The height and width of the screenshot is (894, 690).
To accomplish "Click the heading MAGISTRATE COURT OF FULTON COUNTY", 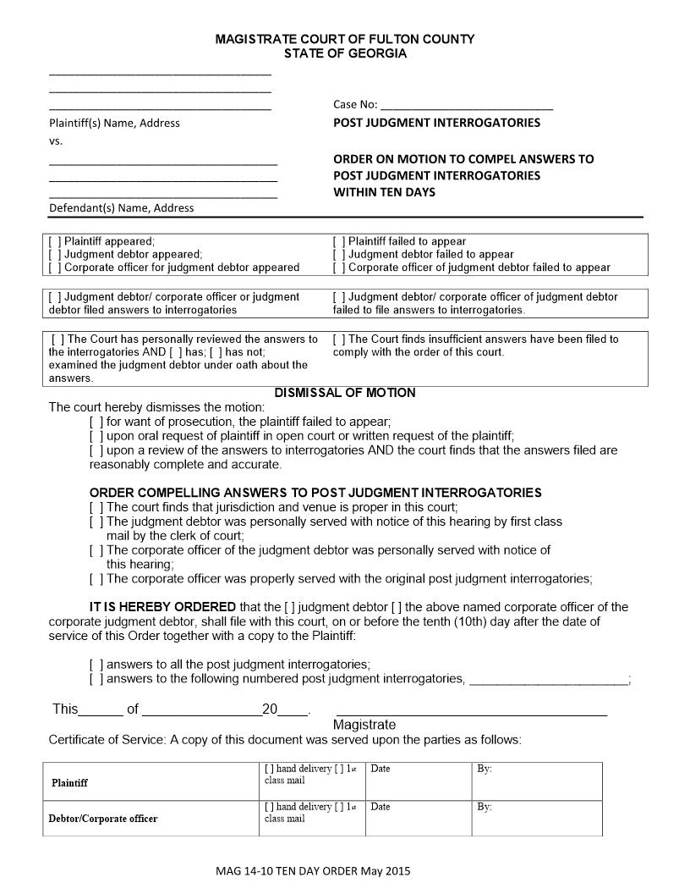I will tap(345, 39).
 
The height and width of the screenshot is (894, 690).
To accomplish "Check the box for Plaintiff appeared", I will tap(55, 241).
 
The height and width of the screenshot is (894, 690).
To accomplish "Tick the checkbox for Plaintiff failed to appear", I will tap(338, 241).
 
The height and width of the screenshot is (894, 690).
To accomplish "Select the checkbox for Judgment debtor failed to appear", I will tap(338, 254).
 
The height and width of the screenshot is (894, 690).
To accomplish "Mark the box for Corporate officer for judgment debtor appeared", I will tap(55, 268).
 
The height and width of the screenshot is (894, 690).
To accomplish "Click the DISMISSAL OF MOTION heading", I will tap(345, 393).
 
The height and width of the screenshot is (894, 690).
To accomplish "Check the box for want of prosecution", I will tap(96, 422).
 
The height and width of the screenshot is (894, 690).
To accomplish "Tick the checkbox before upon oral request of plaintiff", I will tap(96, 436).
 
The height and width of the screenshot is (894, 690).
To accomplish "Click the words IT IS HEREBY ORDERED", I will tap(163, 607).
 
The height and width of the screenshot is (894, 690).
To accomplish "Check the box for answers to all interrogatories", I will tap(96, 665).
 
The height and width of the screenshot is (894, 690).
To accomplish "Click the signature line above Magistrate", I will tap(471, 713).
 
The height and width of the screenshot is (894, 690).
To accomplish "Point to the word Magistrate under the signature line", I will tap(364, 726).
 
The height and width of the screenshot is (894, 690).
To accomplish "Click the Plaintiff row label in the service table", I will tap(69, 783).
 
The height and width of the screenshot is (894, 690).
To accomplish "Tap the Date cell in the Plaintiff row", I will tap(418, 781).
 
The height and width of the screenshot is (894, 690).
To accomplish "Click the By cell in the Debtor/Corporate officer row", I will tap(536, 818).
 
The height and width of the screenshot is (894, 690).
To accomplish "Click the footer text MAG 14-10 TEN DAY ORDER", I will tap(313, 870).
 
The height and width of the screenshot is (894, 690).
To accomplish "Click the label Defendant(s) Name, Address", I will tap(121, 208).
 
